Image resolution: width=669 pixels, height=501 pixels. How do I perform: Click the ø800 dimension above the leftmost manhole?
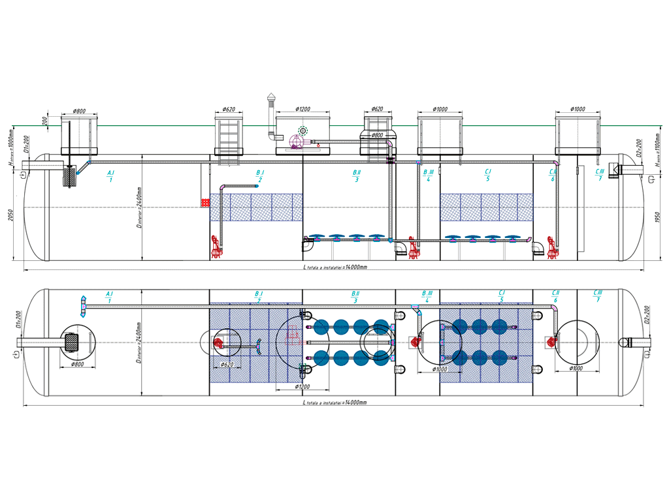[79, 112]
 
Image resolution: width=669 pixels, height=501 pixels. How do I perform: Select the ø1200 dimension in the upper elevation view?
[302, 109]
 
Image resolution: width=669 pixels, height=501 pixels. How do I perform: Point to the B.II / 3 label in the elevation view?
[356, 176]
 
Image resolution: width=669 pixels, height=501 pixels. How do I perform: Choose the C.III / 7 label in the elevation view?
[600, 174]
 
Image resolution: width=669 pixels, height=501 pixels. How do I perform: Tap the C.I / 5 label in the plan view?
[501, 297]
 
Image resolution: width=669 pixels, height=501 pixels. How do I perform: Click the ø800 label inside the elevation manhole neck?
[377, 136]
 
